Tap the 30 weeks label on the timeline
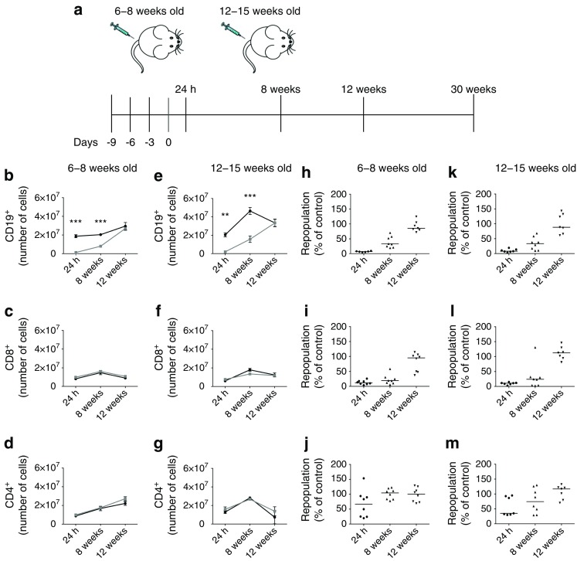pos(473,90)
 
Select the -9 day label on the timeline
pos(111,142)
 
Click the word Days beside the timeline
pos(84,142)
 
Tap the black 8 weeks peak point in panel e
pos(250,210)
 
